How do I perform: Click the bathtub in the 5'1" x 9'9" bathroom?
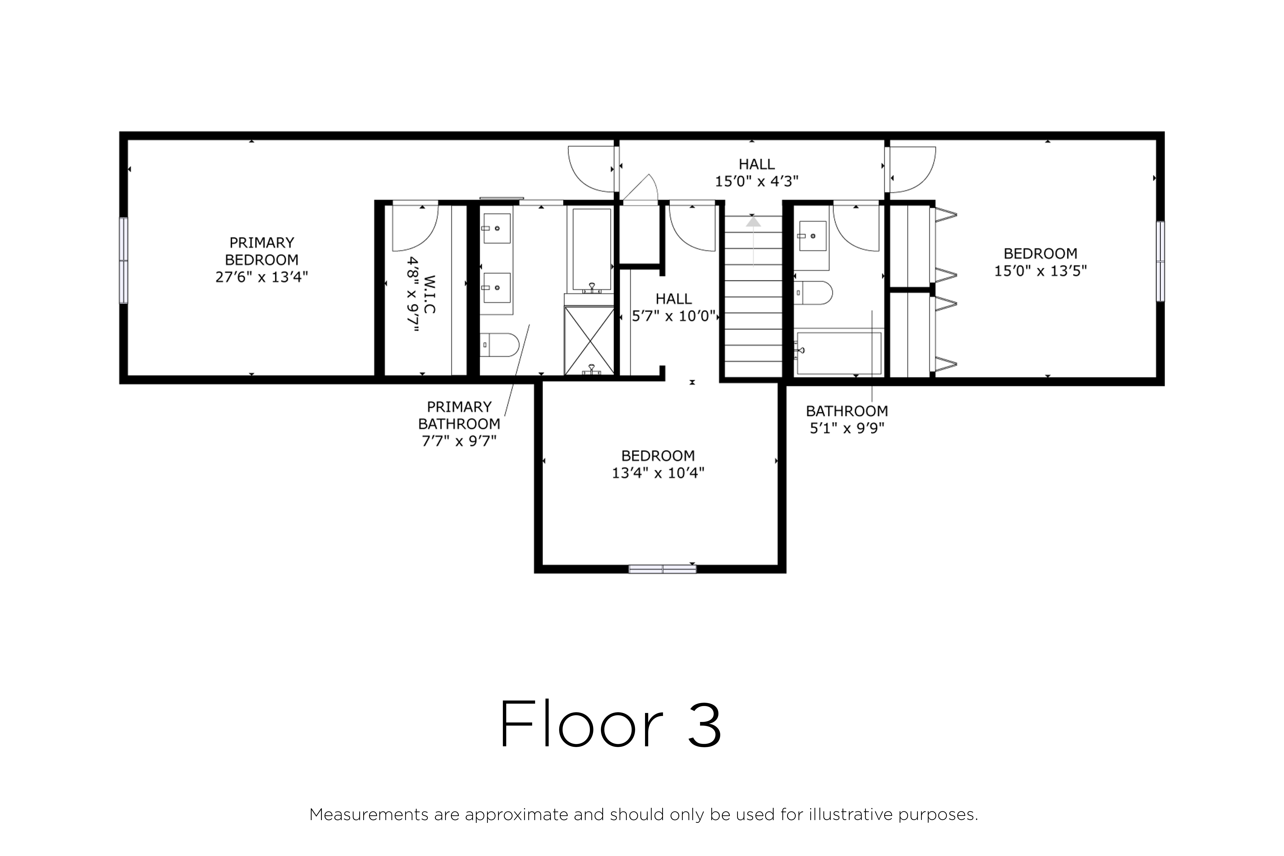coord(839,353)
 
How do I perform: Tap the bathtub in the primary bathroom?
coord(591,249)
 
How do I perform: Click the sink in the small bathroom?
coord(813,236)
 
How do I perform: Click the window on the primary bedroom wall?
coord(124,260)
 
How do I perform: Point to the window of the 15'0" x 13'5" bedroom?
coord(1160,261)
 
